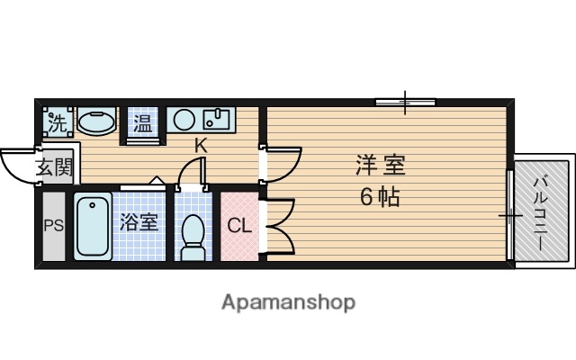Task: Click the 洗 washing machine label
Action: coord(57,122)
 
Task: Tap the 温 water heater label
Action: coord(143,121)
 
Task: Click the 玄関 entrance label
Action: coord(54,166)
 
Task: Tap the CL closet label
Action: coord(239,225)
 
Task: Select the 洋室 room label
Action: coord(379,166)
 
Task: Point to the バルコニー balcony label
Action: coord(540,212)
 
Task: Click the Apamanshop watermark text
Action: coord(288,301)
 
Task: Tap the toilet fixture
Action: coord(192,236)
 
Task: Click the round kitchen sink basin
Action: coord(185,119)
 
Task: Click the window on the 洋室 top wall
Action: coord(405,103)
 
